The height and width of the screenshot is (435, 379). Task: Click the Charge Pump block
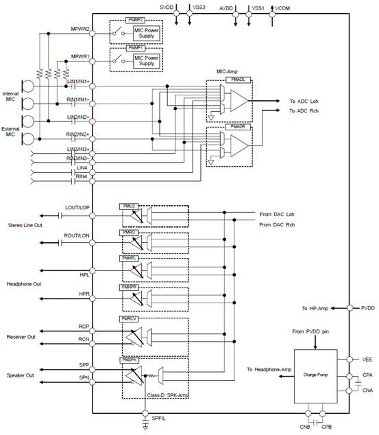coord(317,377)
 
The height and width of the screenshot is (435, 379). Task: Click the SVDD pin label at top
coord(167,6)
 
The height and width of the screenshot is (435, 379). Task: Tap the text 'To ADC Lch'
coord(305,102)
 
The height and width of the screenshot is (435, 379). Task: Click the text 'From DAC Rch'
coord(276,224)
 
